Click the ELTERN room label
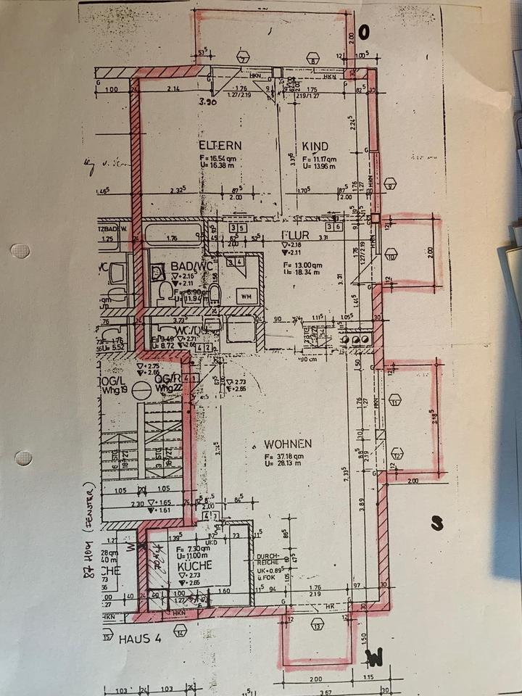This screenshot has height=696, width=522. tap(199, 145)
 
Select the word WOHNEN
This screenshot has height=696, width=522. tap(288, 444)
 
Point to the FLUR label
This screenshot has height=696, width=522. tap(296, 236)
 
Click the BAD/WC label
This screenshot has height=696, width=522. tap(188, 267)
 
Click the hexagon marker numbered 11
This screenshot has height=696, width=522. tap(394, 399)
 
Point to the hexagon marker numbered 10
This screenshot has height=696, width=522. tap(391, 256)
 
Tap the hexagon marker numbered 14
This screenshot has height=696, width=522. tap(181, 631)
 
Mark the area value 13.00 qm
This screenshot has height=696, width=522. tap(302, 265)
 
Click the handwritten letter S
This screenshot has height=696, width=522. tap(436, 523)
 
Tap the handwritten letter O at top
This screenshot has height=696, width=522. tap(364, 30)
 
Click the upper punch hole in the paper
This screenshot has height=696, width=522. tap(20, 251)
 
